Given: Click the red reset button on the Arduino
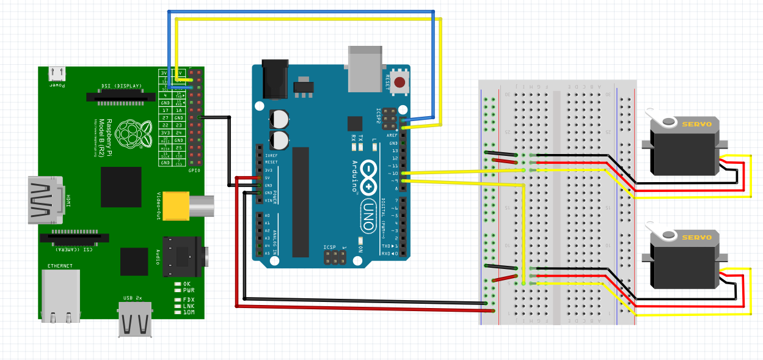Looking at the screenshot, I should [x=400, y=82].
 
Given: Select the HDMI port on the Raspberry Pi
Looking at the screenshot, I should [x=45, y=200].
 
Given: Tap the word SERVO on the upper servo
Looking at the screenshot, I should [x=696, y=124].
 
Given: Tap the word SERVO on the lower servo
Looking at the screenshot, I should [x=696, y=237].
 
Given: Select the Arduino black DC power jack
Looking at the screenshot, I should [x=275, y=78].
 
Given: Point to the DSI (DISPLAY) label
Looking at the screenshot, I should [x=121, y=86].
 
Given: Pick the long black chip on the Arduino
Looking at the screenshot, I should [x=301, y=202].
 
